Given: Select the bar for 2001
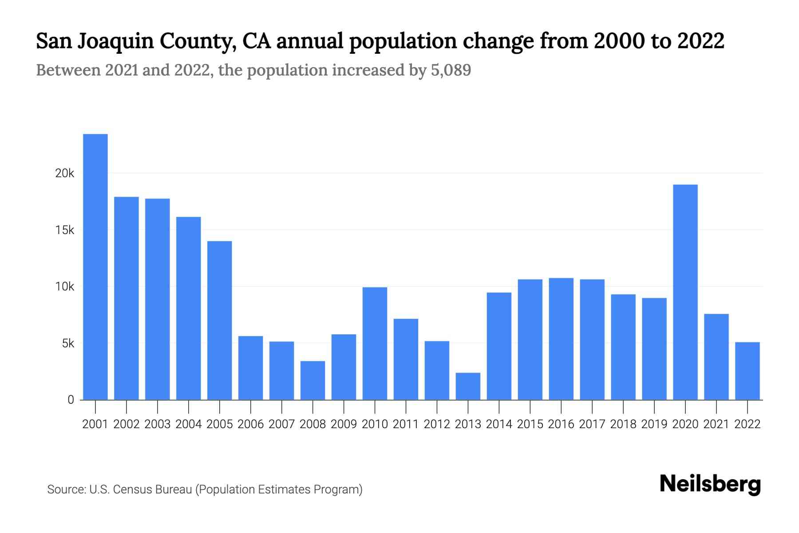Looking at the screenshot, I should tap(95, 266).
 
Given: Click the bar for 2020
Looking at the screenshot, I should tap(685, 292).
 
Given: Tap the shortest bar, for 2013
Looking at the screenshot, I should tap(468, 386).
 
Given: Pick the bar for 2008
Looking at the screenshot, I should tap(313, 380).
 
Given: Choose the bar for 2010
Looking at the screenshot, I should tap(375, 343).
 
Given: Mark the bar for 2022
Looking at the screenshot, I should tap(748, 371).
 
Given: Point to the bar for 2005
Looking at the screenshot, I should tap(220, 320).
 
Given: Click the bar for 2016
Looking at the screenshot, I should tap(561, 339).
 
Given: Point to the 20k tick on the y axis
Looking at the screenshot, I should tap(65, 174).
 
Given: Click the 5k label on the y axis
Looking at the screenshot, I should tap(68, 343).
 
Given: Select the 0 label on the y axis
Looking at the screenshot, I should tap(71, 400).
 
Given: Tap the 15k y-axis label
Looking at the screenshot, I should tap(65, 230).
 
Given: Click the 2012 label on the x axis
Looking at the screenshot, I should tap(437, 424).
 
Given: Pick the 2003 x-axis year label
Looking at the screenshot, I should tap(158, 424).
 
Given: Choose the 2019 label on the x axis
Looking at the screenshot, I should tap(654, 424).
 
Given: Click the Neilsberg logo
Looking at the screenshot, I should tap(710, 484).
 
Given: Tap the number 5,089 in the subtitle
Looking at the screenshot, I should tap(451, 70).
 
